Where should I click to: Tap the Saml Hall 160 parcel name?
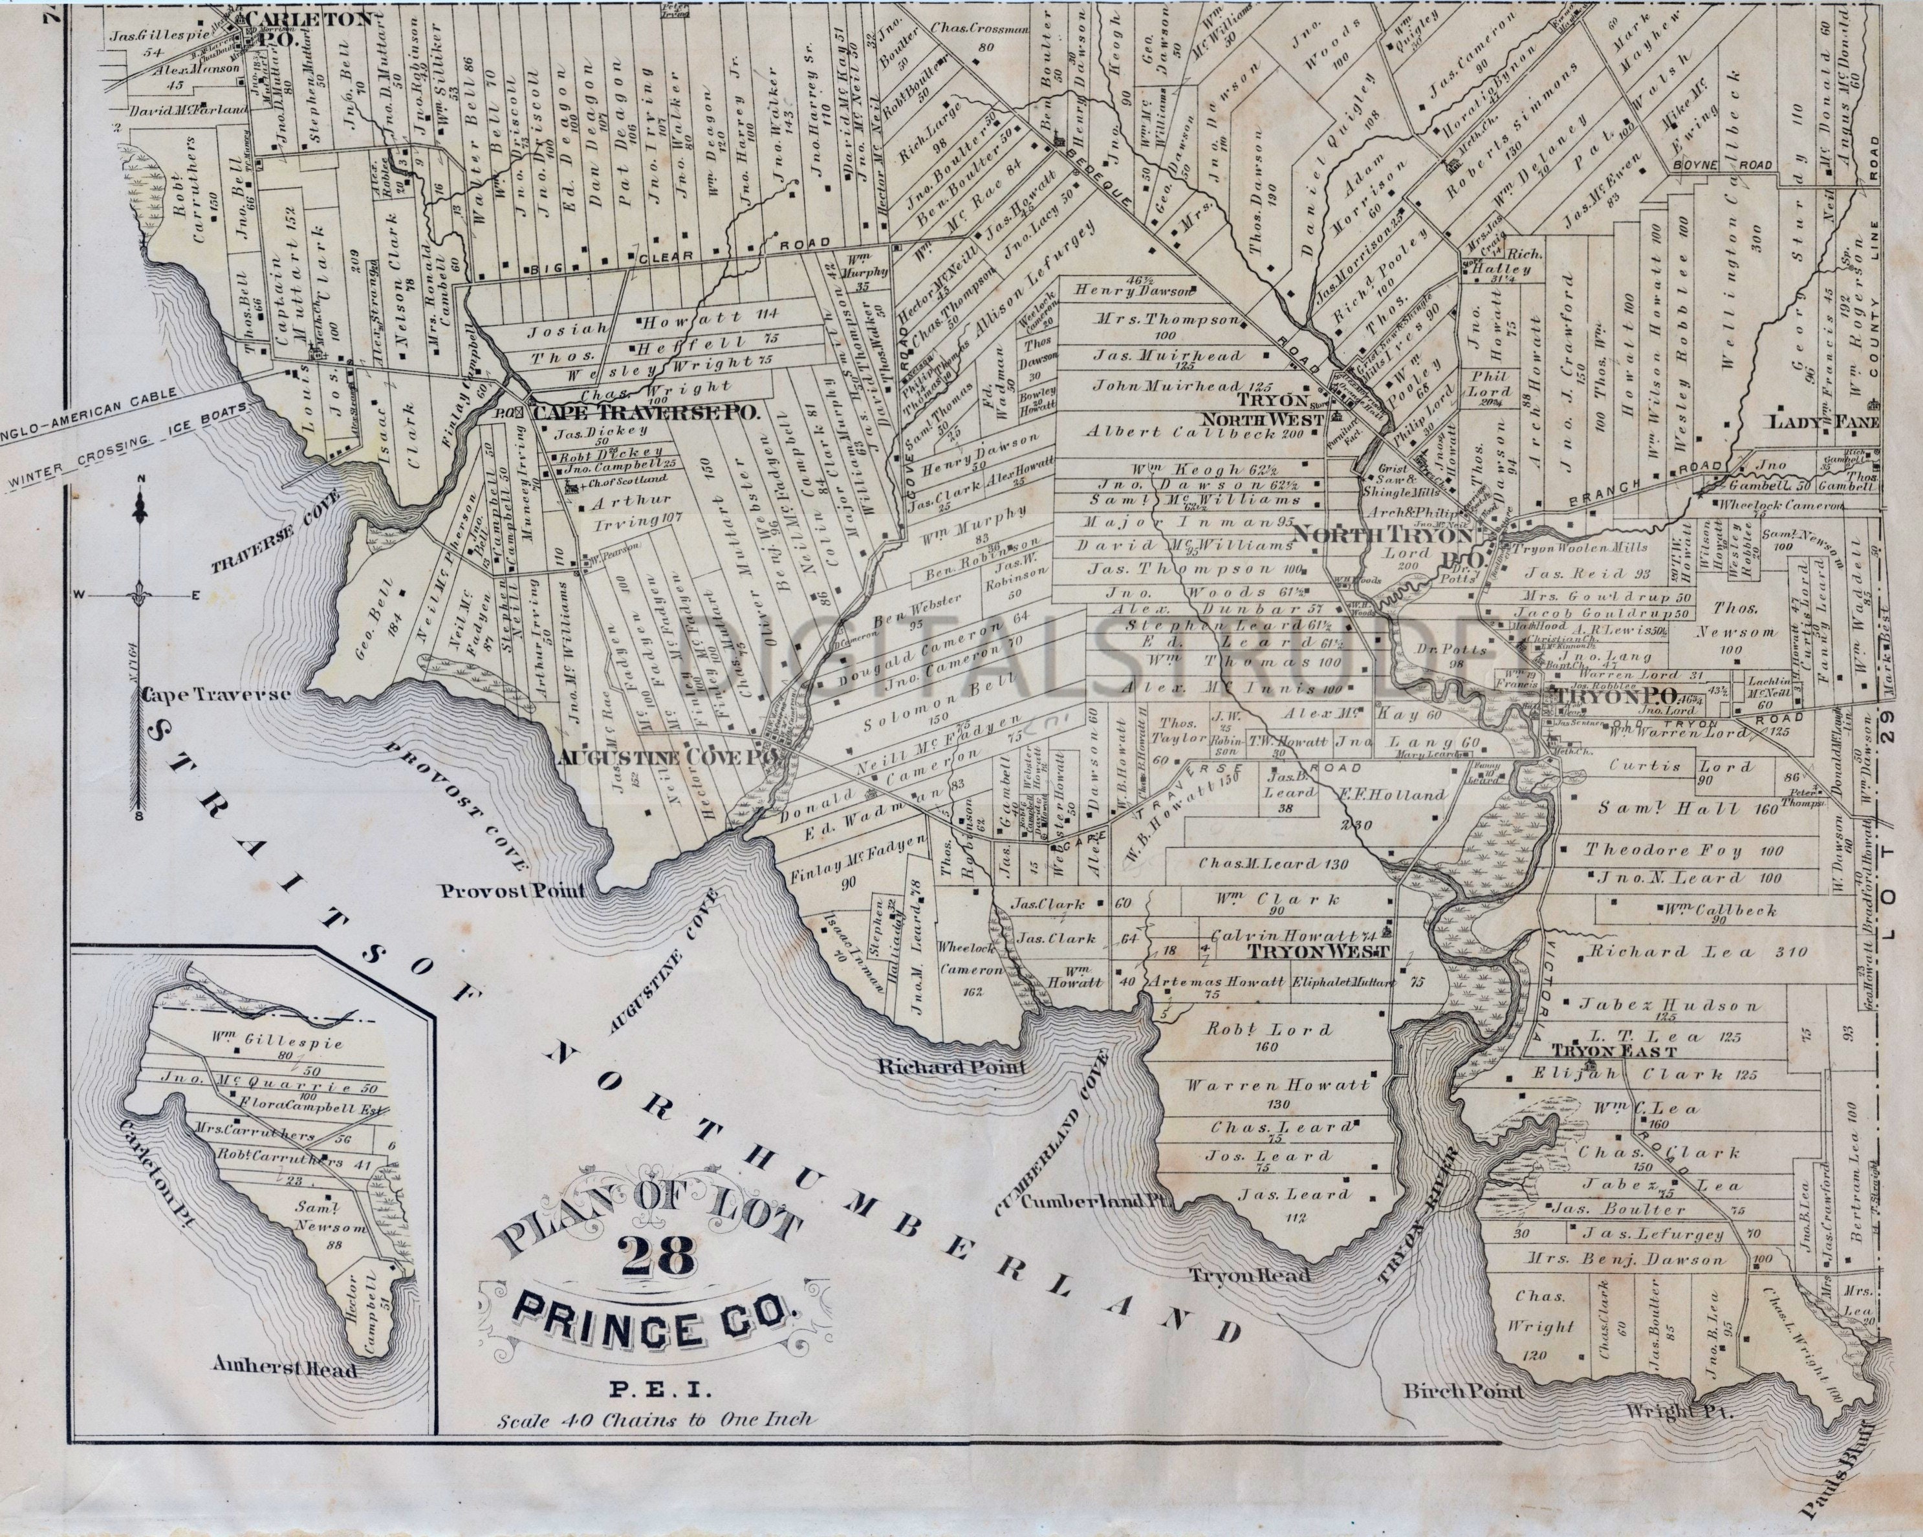coord(1664,810)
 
